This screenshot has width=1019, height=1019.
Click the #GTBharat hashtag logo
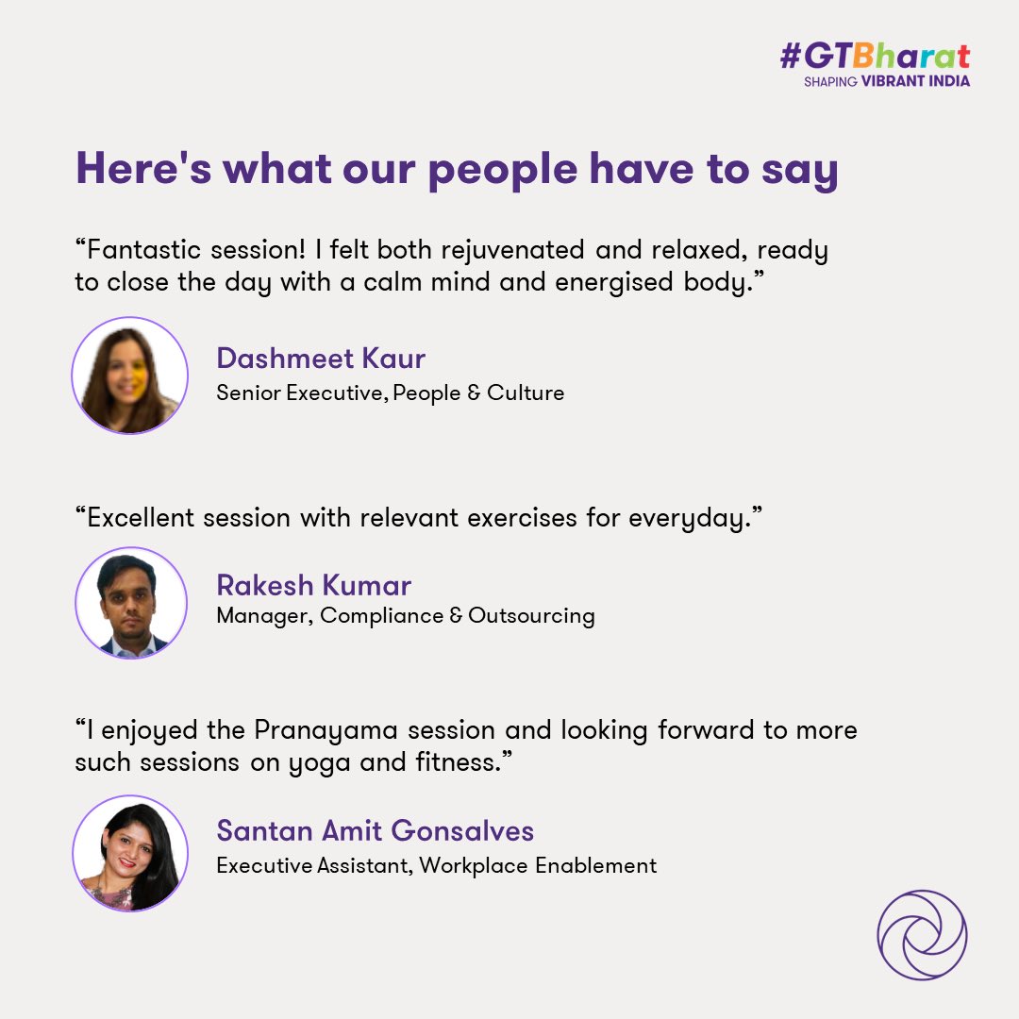pyautogui.click(x=875, y=58)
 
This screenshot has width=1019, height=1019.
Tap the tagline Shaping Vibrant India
pyautogui.click(x=886, y=81)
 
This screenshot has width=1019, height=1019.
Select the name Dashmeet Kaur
pyautogui.click(x=321, y=359)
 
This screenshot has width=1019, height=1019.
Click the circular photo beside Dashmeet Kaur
pyautogui.click(x=130, y=376)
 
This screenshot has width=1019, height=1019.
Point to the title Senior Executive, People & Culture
pyautogui.click(x=390, y=393)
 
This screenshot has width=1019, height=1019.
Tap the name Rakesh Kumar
pyautogui.click(x=313, y=585)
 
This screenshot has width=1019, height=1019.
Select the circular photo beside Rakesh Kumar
pyautogui.click(x=130, y=603)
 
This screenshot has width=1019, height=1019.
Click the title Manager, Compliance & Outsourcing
pyautogui.click(x=406, y=616)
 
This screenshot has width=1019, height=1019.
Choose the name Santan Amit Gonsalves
pyautogui.click(x=375, y=831)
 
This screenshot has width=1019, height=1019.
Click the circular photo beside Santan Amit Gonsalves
pyautogui.click(x=130, y=853)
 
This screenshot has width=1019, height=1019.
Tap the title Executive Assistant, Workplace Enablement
pyautogui.click(x=436, y=864)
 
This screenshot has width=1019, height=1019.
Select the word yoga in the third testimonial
pyautogui.click(x=329, y=762)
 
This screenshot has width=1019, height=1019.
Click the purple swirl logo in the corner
pyautogui.click(x=922, y=935)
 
